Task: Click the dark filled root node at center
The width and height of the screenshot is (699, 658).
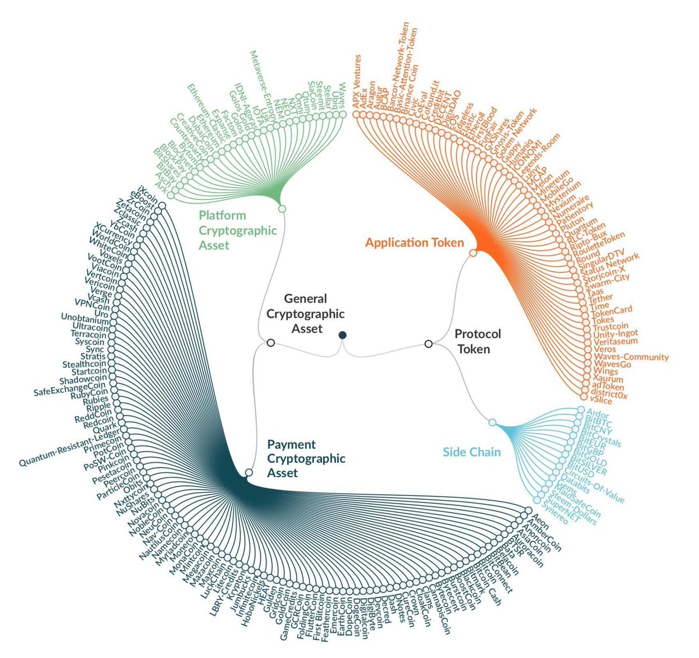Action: coord(343,334)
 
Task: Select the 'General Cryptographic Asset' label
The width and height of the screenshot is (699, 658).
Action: coord(305,314)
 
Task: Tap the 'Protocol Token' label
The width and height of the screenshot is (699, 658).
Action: coord(478,342)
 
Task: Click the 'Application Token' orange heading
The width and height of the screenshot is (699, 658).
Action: coord(414,242)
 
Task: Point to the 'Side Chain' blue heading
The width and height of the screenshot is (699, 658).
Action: coord(472,452)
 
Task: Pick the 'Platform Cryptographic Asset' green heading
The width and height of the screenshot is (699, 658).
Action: coord(238,230)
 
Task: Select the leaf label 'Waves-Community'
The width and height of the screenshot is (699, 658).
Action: coord(631,357)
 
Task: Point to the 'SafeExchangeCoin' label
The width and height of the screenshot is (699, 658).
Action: coord(70,388)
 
